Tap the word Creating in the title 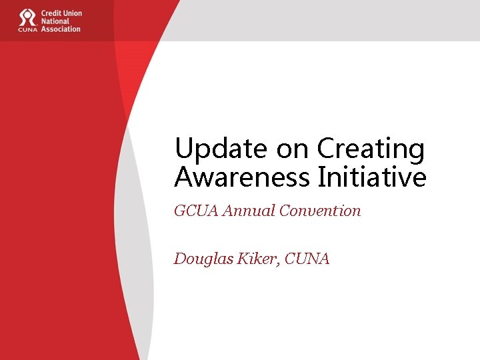371,149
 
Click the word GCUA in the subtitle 196,211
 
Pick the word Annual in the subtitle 249,211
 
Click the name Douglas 201,259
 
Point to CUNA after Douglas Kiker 307,259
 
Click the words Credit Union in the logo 61,13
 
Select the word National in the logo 56,21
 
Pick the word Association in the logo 61,29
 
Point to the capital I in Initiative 323,177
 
